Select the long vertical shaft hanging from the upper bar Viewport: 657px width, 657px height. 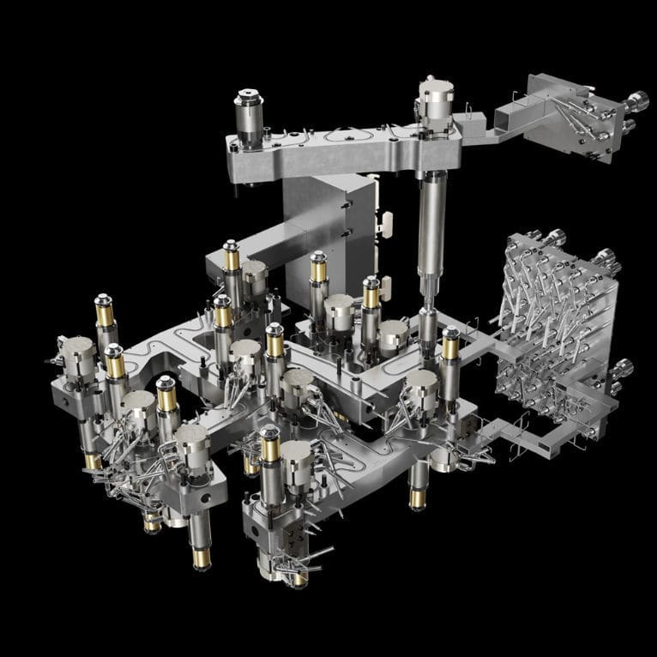pyautogui.click(x=428, y=232)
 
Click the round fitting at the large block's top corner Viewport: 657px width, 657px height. pyautogui.click(x=555, y=238)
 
